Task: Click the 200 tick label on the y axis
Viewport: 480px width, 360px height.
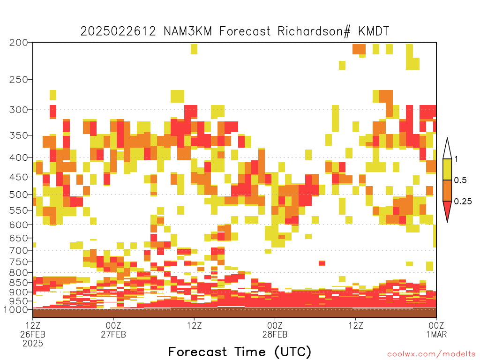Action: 18,43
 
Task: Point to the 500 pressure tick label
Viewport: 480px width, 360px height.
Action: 18,195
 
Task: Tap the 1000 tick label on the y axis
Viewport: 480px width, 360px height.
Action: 16,309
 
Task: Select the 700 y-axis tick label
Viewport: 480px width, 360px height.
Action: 18,250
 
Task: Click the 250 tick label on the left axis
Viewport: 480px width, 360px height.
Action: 18,80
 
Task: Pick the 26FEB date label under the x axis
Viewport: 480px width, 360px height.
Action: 33,334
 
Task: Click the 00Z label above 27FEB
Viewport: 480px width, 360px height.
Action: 113,325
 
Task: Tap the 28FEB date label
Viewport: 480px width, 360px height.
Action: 275,334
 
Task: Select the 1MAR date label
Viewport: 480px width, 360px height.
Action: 436,334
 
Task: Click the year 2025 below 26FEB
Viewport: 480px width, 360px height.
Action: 33,344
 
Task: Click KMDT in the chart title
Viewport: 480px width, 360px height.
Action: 374,31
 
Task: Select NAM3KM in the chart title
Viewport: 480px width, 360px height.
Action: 188,31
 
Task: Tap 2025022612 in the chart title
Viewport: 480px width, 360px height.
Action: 118,31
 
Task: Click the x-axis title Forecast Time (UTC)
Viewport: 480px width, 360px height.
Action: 240,352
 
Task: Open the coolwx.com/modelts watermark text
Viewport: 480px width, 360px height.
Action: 432,354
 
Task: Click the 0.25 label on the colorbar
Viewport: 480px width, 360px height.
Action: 463,202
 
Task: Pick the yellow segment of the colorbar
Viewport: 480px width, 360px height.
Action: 447,169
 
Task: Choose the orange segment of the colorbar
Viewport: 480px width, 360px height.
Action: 447,190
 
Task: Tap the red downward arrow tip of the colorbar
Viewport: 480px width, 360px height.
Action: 447,222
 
